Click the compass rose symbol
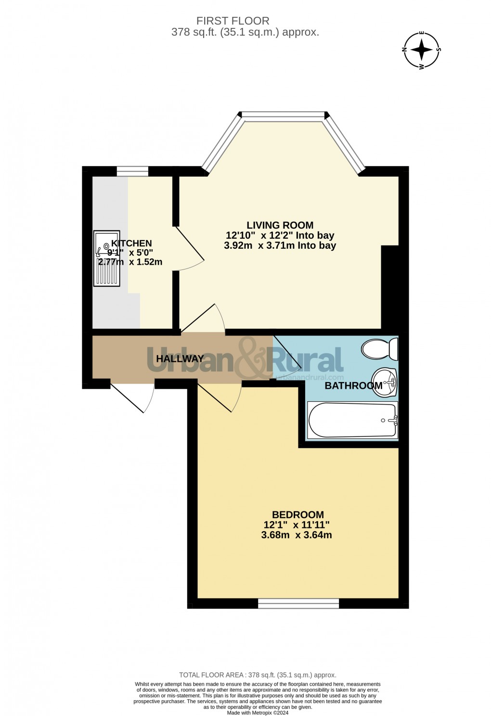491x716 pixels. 422,50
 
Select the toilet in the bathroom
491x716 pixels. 379,348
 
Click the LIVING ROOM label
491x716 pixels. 280,225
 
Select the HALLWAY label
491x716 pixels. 180,358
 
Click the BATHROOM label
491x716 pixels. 353,385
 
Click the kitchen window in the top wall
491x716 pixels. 132,171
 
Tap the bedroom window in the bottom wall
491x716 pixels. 298,603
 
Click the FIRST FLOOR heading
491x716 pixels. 233,21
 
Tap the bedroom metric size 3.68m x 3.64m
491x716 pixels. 296,535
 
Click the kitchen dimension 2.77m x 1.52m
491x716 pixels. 130,262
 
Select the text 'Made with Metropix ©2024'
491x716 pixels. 258,706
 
